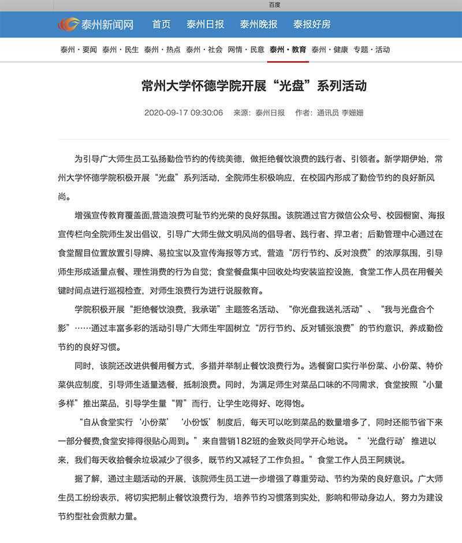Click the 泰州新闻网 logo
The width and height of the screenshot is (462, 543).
[x=95, y=25]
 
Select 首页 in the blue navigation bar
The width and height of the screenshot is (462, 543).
[x=161, y=25]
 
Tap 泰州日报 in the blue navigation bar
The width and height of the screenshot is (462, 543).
[x=205, y=25]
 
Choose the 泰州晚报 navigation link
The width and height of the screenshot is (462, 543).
[x=259, y=25]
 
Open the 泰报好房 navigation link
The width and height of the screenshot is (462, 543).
[x=312, y=25]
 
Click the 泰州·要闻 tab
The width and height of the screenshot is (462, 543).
[x=79, y=50]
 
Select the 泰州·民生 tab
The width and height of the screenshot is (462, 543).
[x=121, y=50]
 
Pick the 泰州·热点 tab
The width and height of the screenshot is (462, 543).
[x=162, y=50]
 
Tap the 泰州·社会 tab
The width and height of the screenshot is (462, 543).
[x=204, y=50]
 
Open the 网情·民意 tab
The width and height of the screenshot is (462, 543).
[x=246, y=50]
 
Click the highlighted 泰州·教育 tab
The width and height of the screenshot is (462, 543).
[x=288, y=50]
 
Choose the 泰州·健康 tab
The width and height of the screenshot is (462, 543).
[x=330, y=50]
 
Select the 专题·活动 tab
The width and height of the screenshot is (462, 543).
[x=371, y=50]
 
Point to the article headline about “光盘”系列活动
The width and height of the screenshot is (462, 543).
[x=254, y=87]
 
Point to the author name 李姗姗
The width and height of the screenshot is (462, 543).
[x=352, y=113]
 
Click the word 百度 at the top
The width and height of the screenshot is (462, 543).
[x=275, y=5]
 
